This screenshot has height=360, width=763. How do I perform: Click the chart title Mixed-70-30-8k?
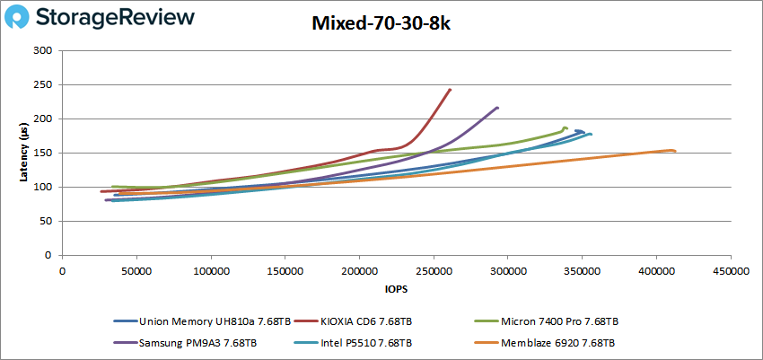(381, 25)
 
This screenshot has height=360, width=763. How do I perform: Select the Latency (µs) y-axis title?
(23, 153)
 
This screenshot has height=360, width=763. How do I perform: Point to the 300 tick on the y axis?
(42, 50)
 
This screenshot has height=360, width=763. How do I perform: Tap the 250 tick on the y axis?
(42, 84)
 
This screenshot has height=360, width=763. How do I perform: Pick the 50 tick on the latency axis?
(45, 221)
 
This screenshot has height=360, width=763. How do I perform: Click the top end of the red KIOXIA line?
(450, 90)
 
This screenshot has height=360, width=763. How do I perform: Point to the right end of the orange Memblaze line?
(674, 151)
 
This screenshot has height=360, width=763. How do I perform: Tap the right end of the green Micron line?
(566, 128)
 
